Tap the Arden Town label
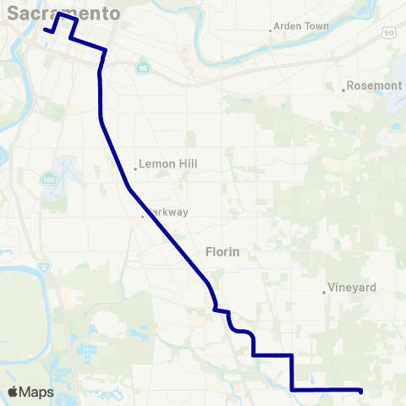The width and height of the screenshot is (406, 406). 301,27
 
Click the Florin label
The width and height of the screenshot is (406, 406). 222,251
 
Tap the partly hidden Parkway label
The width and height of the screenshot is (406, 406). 167,212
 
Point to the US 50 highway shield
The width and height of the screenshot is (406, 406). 388,32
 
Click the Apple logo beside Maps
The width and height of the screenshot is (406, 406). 14,392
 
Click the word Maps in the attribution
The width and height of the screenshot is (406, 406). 38,392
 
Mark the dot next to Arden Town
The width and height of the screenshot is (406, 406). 270,30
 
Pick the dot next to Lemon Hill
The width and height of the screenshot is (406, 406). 135,168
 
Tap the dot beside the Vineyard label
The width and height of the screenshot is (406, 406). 324,293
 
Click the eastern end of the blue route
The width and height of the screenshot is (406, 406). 361,391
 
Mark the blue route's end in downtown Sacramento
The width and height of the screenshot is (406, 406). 45,29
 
